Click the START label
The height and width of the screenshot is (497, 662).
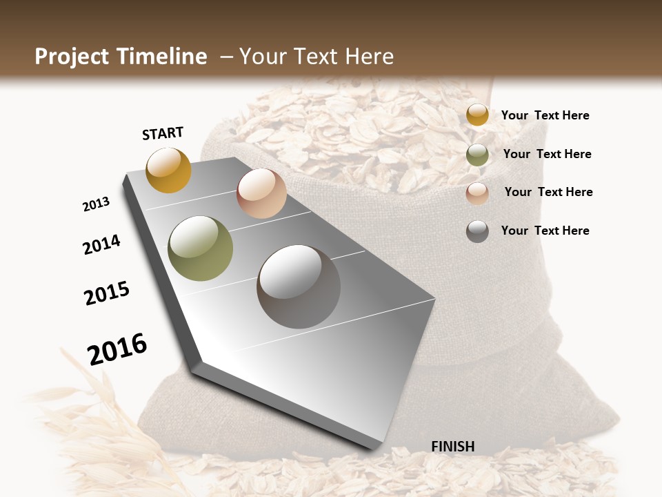[x=163, y=133]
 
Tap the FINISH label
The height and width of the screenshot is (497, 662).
[x=452, y=447]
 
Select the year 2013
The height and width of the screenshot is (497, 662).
[x=96, y=204]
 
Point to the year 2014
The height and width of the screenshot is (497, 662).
[x=101, y=244]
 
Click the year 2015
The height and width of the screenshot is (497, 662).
[x=107, y=293]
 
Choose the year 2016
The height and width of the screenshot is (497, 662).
[x=117, y=349]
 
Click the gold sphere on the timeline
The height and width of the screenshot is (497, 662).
[x=168, y=170]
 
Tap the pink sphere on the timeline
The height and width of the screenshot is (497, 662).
[x=261, y=193]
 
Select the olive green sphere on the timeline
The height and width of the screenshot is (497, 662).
[x=201, y=248]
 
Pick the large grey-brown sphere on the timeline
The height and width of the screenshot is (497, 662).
[x=299, y=286]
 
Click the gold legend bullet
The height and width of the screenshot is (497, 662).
[x=477, y=115]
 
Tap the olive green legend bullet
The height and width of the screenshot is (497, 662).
[x=477, y=155]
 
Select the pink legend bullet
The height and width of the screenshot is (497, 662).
[x=477, y=193]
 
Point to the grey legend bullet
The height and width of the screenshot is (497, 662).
[x=477, y=231]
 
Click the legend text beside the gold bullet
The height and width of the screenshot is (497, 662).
[x=545, y=115]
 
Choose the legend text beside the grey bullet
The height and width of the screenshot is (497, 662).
[x=545, y=231]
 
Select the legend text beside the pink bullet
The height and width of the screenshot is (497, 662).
[x=548, y=192]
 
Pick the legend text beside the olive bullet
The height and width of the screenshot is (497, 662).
[x=547, y=154]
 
